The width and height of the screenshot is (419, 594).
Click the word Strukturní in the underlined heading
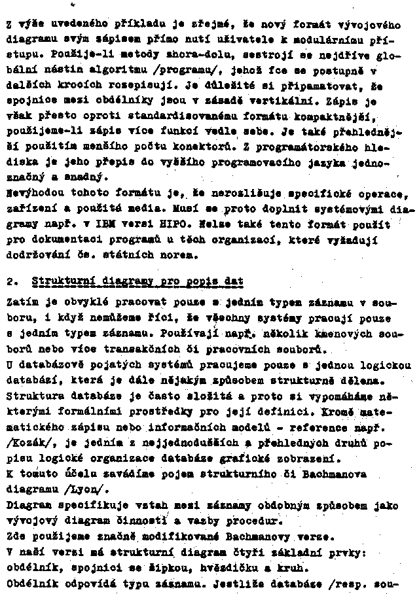tap(60, 281)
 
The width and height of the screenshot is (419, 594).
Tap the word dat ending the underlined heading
tap(233, 281)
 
